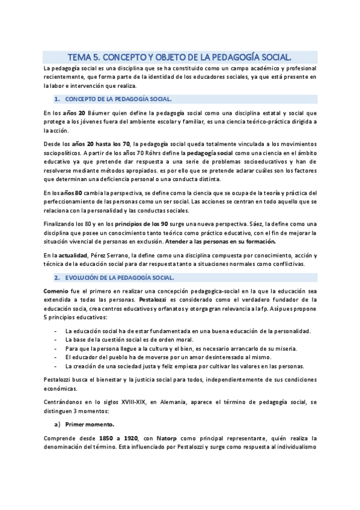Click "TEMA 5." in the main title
point(84,58)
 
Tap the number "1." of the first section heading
point(56,98)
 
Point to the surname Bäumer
point(100,112)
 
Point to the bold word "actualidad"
point(81,256)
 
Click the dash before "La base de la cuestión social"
point(56,340)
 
